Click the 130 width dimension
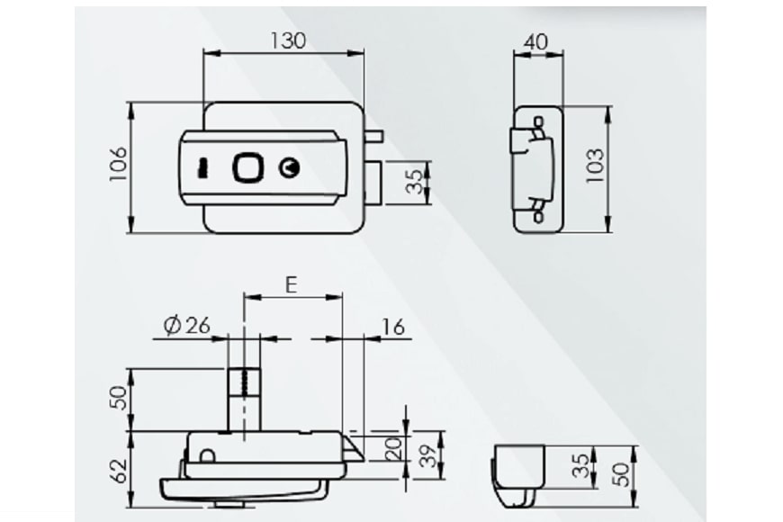point(286,40)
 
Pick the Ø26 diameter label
point(187,326)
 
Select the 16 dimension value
point(393,326)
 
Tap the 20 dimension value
point(391,447)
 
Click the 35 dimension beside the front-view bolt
point(414,181)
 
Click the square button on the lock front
point(247,168)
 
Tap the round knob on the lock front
point(289,168)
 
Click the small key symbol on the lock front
point(203,168)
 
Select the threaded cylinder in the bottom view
point(243,398)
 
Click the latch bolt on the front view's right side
point(374,180)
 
